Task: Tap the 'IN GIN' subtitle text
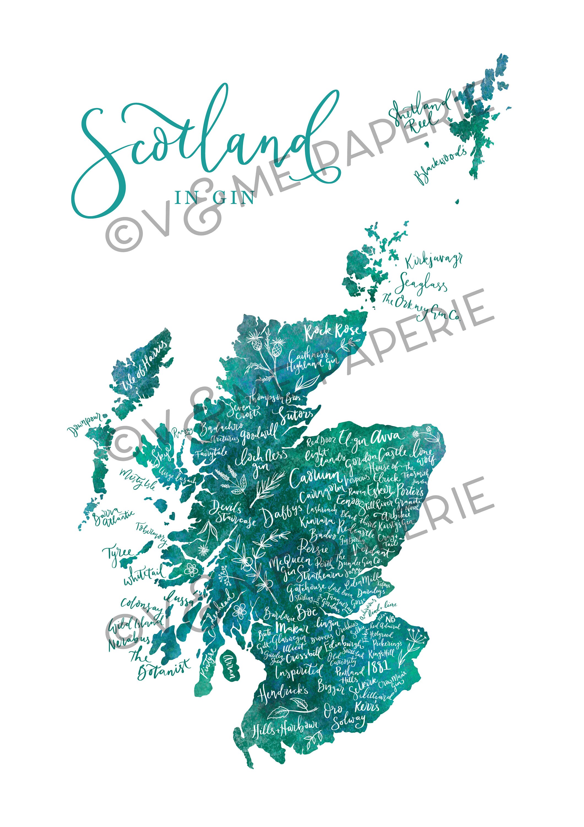coord(214,197)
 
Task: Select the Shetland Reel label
coord(419,114)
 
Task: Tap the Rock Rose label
coord(332,331)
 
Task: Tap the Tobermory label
coord(151,532)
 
